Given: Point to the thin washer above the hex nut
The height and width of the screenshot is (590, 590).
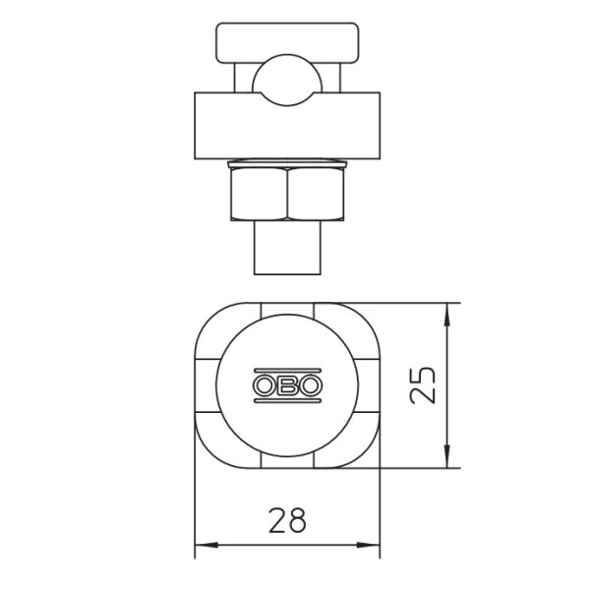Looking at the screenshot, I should tap(286, 162).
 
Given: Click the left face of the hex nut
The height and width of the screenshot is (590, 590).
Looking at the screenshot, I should tap(258, 193).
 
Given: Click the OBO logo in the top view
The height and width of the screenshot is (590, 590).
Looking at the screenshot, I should tap(287, 385).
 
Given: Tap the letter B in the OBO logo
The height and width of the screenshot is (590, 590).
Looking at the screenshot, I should tap(287, 385).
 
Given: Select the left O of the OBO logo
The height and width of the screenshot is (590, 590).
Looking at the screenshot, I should tap(265, 385).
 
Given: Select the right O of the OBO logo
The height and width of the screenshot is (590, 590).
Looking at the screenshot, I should tap(309, 385).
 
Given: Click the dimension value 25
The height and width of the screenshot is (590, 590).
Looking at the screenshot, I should tap(420, 385).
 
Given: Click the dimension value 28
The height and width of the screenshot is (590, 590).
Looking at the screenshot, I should tap(286, 519).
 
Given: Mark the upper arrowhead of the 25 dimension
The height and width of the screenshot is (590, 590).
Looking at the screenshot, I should tap(448, 313).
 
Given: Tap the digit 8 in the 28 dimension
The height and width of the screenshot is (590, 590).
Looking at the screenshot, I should tap(297, 519).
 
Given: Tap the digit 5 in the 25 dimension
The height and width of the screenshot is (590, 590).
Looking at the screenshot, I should tap(420, 374).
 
